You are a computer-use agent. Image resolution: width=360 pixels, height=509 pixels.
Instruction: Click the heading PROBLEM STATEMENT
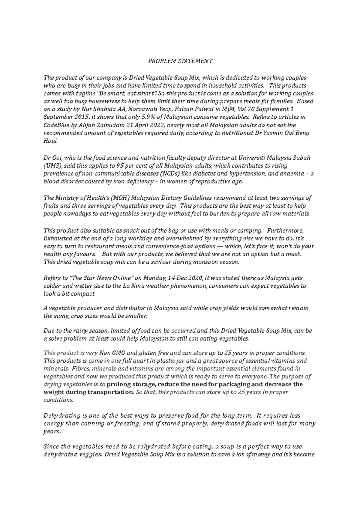click(180, 61)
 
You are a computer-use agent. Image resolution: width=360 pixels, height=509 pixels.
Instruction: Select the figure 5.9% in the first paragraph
click(146, 117)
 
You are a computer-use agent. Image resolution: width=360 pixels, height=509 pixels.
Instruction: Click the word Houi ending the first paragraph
click(49, 141)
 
